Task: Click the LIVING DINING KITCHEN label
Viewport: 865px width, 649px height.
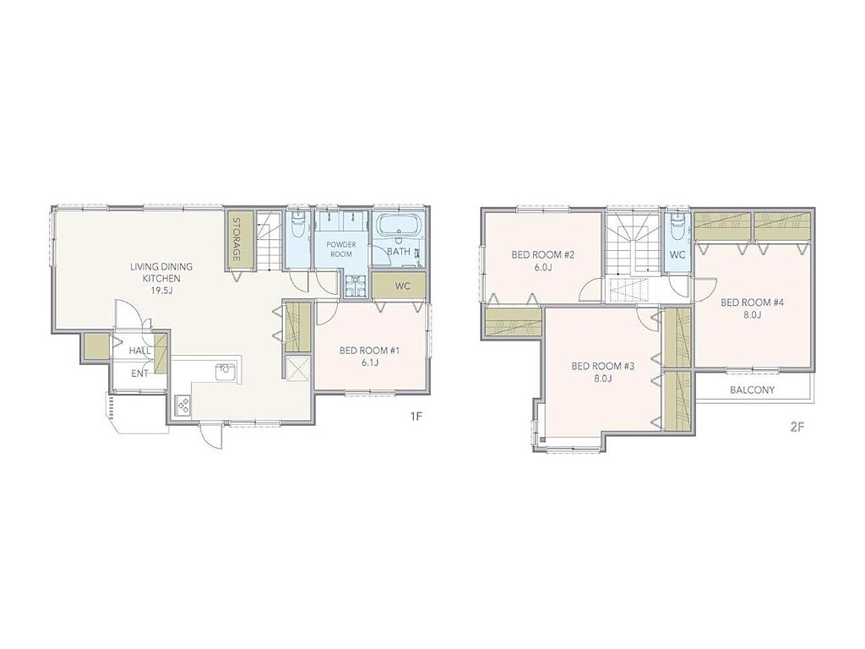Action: click(x=161, y=273)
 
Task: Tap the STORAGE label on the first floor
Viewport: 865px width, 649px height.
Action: click(x=237, y=239)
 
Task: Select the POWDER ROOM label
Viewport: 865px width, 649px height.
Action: click(x=341, y=249)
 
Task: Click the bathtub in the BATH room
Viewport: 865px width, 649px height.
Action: click(x=400, y=226)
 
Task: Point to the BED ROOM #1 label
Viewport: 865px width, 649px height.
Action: click(x=369, y=351)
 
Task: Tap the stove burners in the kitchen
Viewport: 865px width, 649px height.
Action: click(x=182, y=406)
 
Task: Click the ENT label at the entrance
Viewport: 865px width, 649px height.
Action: click(x=139, y=374)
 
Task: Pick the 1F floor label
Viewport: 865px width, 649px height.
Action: click(x=416, y=417)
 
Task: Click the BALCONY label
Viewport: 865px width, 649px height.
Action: click(x=752, y=390)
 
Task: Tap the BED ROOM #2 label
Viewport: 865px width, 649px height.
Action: click(x=543, y=254)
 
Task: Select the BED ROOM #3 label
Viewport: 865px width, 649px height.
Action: click(x=603, y=366)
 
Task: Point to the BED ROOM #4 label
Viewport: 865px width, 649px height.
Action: click(x=752, y=303)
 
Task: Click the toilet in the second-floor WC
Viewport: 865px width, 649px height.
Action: click(x=677, y=226)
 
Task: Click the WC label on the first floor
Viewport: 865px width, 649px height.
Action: click(x=402, y=287)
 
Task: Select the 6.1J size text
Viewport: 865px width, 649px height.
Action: click(x=369, y=363)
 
